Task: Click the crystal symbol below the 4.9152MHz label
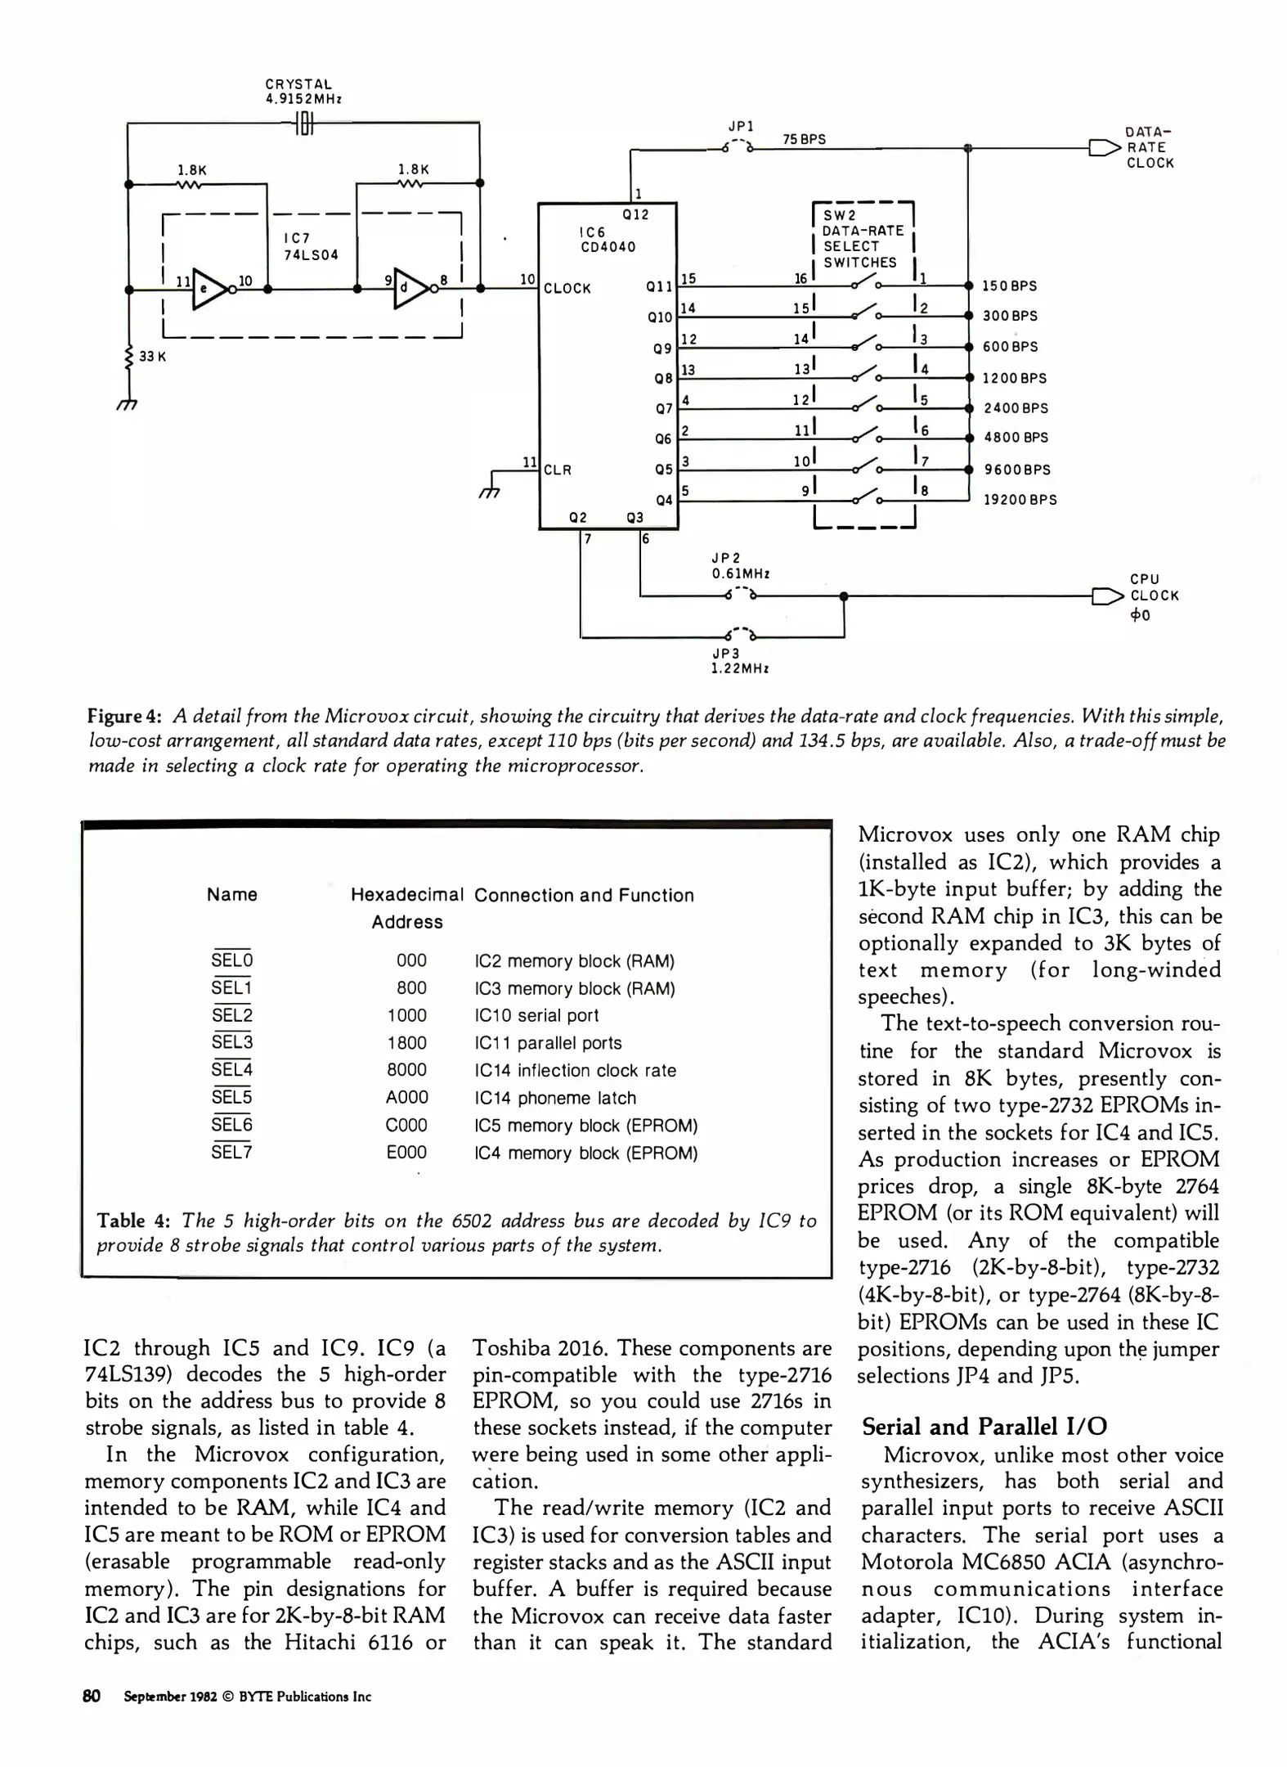303,124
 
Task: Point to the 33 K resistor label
152,357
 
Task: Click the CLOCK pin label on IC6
567,289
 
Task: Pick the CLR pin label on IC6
558,470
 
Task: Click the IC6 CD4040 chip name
608,240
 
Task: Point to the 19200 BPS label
1020,500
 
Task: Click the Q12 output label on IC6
635,215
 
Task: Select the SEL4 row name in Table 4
232,1069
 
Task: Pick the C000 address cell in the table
406,1125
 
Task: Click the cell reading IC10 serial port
536,1015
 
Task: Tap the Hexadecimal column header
407,895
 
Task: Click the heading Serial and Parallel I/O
984,1427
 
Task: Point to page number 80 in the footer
92,1696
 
